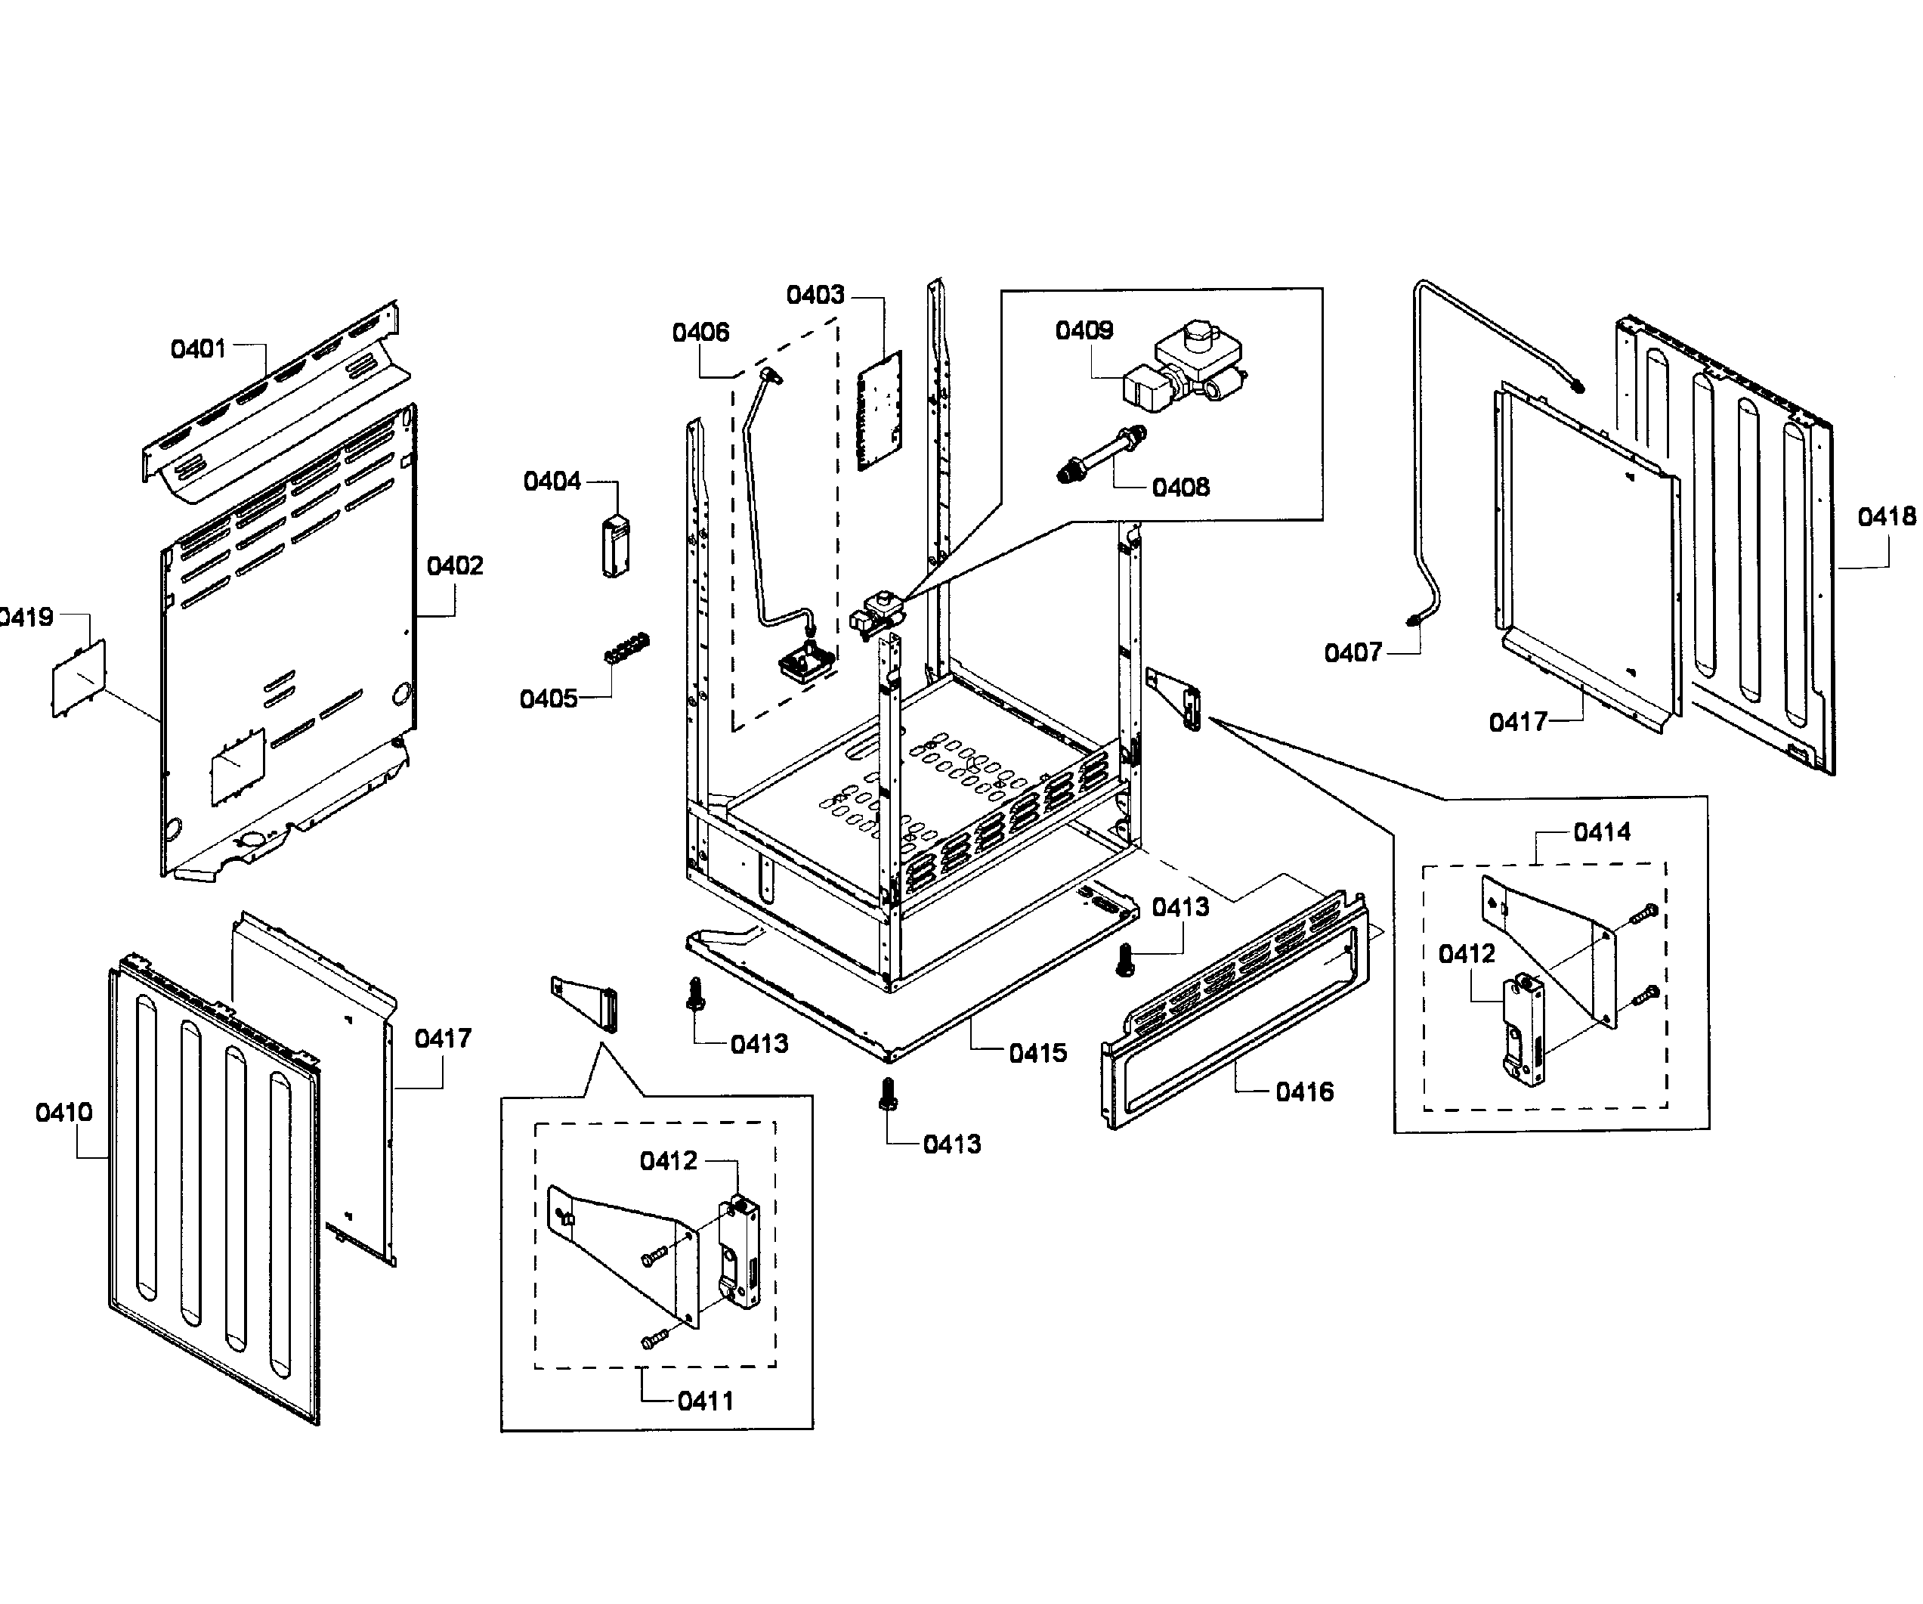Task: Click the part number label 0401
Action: point(198,349)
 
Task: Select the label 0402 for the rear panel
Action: point(454,566)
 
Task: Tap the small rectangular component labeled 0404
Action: point(615,547)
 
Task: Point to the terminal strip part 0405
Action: point(627,648)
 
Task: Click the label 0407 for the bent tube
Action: point(1352,653)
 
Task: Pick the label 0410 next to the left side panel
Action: point(64,1113)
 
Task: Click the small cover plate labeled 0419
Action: point(78,678)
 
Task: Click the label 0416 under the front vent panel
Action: point(1304,1092)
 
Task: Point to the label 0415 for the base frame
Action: point(1037,1054)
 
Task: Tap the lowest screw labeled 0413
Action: point(886,1094)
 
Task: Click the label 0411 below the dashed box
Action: point(705,1401)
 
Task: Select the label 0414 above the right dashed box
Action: point(1602,833)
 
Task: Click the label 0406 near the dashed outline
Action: point(700,333)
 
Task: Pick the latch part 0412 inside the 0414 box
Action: point(1523,1030)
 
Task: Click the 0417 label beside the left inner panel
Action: point(444,1039)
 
